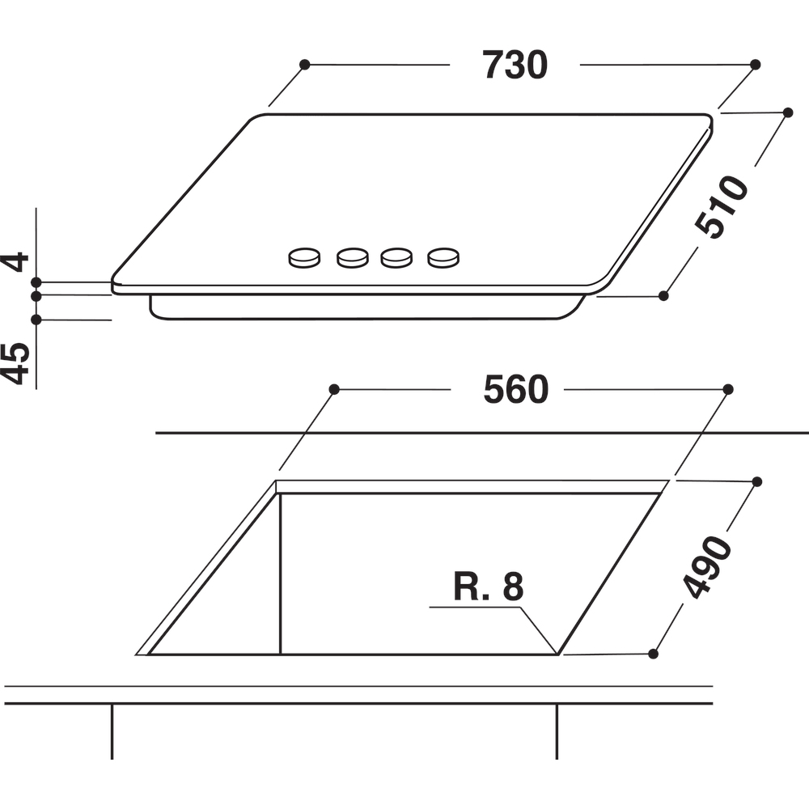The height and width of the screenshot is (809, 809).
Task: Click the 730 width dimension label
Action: [x=515, y=65]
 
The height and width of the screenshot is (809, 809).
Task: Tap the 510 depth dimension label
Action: [x=722, y=207]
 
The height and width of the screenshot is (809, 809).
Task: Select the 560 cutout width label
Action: [x=515, y=390]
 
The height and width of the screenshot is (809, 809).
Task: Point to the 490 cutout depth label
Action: [x=707, y=567]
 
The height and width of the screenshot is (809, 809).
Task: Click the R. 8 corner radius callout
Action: [x=488, y=586]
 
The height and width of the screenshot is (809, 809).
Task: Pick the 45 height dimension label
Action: [x=15, y=363]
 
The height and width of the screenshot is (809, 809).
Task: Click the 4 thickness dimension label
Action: [x=15, y=261]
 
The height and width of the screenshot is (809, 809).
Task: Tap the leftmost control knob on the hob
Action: [x=304, y=258]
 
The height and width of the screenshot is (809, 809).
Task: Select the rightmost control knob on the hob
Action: [x=443, y=258]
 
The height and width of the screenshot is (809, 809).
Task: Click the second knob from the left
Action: [x=353, y=258]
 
